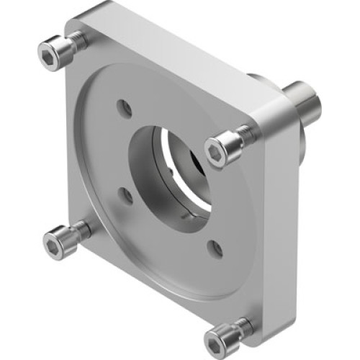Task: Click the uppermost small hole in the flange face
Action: point(126,108)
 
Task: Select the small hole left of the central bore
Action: point(126,194)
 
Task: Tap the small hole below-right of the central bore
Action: point(215,248)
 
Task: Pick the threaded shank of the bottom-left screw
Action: point(84,230)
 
